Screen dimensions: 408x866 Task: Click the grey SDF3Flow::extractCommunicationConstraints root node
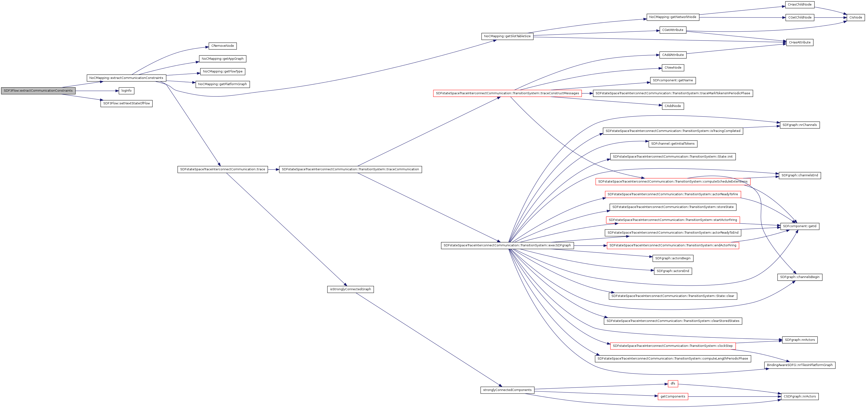tap(38, 91)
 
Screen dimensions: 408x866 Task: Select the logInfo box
tap(126, 91)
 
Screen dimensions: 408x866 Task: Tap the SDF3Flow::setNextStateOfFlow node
tap(126, 104)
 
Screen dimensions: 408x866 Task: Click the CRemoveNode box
tap(222, 46)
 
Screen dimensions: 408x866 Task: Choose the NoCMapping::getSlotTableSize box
tap(507, 36)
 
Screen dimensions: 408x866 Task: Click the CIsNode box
tap(856, 18)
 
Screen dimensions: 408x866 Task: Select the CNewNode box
tap(673, 68)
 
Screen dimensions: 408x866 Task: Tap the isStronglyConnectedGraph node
tap(350, 289)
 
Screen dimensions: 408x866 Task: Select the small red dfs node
tap(673, 384)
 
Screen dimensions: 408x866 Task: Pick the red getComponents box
tap(673, 396)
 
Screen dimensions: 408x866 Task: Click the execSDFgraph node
tap(507, 246)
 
